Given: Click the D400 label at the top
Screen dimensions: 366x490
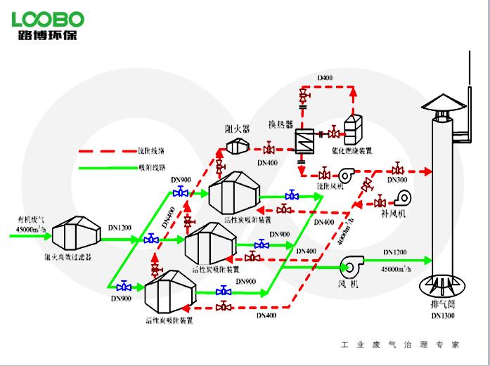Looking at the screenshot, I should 325,77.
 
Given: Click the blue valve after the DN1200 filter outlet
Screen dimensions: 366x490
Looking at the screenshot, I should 151,240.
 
